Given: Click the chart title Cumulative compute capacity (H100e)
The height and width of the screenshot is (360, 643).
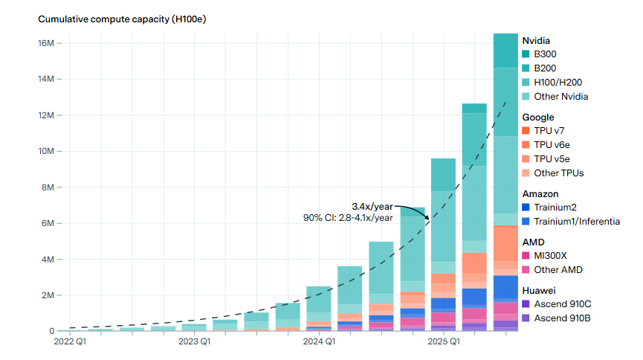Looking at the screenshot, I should coord(122,19).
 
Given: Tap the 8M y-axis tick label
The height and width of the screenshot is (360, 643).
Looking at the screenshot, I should coord(47,187).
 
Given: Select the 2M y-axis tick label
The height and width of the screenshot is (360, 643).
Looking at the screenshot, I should coord(47,295).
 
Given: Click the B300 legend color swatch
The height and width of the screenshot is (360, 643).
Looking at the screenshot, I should coord(526,54).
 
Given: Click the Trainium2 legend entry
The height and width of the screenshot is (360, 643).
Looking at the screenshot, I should coord(555,208).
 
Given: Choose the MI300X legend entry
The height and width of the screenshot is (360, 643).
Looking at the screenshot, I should coord(552,256).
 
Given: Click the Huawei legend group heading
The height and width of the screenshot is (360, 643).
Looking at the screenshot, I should coord(539,290).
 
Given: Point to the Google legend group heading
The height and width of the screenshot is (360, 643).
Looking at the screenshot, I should coord(538,117).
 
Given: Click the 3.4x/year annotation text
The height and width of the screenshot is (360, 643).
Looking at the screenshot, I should coord(372,205).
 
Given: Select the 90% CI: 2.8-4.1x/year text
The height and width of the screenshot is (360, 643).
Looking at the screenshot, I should coord(347,217).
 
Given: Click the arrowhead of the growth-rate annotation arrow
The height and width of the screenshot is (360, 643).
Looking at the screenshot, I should coord(428,218).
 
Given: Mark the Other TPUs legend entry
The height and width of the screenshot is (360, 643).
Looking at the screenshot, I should coord(558,173).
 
